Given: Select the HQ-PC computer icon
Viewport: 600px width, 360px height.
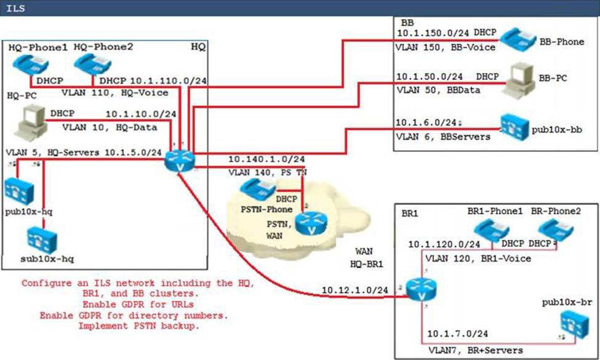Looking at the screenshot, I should (30, 119).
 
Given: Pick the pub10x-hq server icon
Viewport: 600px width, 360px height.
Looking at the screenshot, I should (19, 189).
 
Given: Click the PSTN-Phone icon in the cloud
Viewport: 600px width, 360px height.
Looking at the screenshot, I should (257, 189).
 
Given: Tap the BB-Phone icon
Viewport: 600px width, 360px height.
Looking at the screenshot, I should (516, 39).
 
